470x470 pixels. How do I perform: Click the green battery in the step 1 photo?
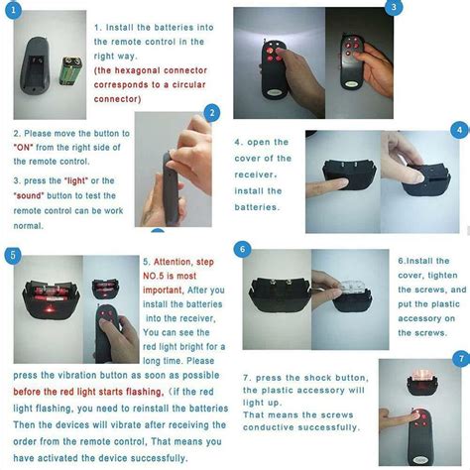point(71,77)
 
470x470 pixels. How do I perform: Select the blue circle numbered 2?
point(210,114)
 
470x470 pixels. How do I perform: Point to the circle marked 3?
point(394,8)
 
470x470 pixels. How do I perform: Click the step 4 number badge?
point(459,131)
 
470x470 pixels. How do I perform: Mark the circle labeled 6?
point(243,249)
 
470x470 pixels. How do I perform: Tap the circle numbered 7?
point(459,358)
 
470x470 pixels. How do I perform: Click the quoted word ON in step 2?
point(26,147)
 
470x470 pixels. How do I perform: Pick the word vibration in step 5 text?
point(80,375)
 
